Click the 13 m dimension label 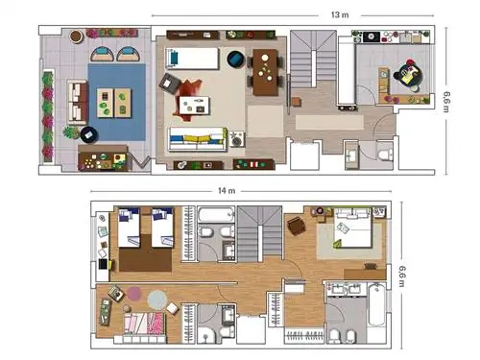click(340, 14)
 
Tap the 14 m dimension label click(227, 191)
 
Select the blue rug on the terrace click(117, 102)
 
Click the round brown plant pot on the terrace click(76, 36)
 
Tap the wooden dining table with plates click(265, 72)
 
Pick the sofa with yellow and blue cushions click(198, 139)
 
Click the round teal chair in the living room click(236, 59)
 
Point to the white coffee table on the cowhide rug click(194, 106)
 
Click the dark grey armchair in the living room click(171, 84)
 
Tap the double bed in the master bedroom click(353, 228)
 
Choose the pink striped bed click(145, 324)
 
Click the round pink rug click(134, 294)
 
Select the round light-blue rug click(157, 300)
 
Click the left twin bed click(129, 228)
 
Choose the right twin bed click(162, 228)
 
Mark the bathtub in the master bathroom click(377, 304)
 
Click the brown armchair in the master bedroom click(297, 226)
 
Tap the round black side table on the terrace click(89, 134)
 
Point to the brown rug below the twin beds click(146, 255)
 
